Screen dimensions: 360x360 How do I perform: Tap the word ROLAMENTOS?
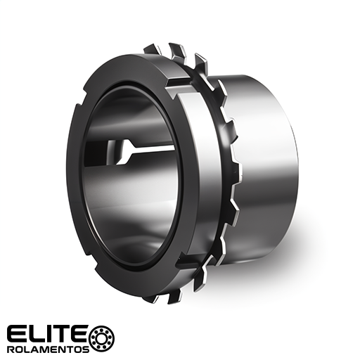(x=49, y=349)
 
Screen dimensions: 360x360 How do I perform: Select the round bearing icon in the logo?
(x=103, y=338)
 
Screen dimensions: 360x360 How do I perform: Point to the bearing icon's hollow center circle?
(x=103, y=338)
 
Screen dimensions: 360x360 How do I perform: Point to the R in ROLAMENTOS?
(x=11, y=349)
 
